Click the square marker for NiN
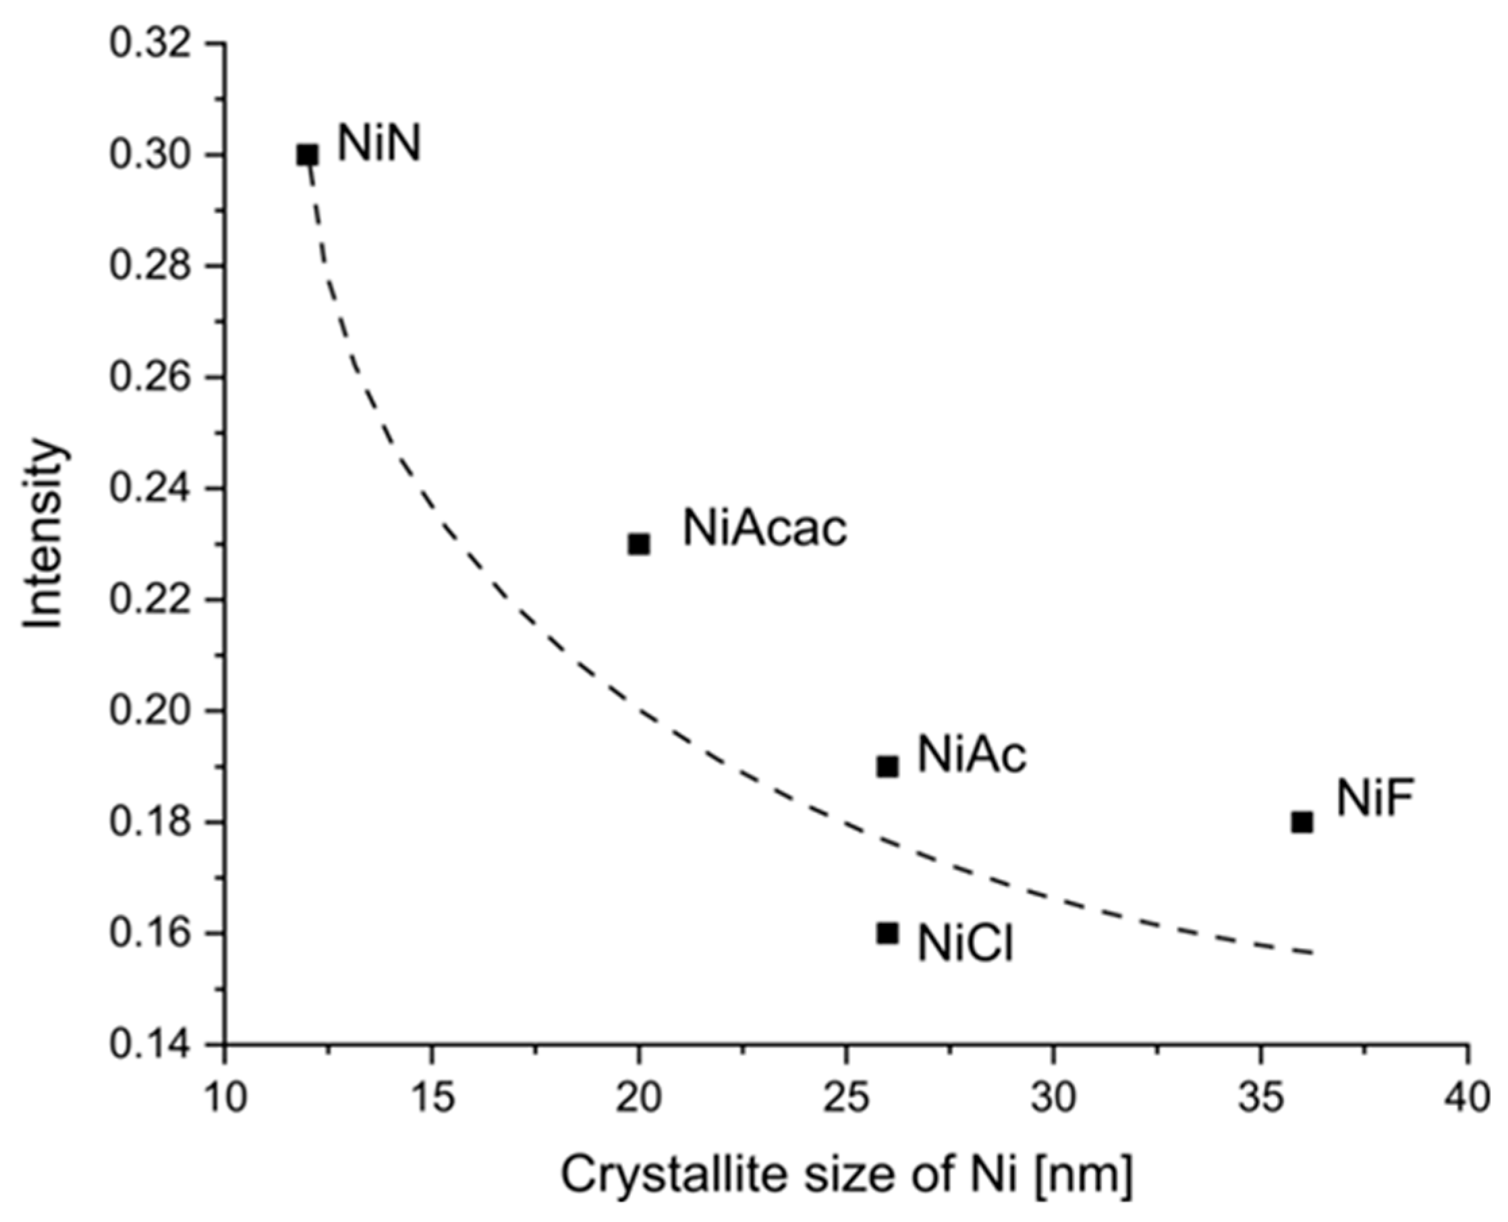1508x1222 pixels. (x=308, y=155)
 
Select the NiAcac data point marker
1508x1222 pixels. (x=639, y=544)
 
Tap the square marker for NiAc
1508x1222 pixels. (x=888, y=767)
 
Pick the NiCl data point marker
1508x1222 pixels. (x=888, y=933)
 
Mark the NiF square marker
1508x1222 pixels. (x=1302, y=822)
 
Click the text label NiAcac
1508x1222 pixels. (x=765, y=528)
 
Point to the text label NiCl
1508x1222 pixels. (x=965, y=943)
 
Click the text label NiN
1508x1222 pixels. (x=379, y=144)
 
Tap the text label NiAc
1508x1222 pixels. (x=972, y=755)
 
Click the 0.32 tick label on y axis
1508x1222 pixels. (x=150, y=44)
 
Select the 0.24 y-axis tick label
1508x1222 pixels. (x=150, y=489)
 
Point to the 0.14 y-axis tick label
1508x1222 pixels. (x=150, y=1045)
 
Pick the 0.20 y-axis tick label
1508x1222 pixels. (x=150, y=711)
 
